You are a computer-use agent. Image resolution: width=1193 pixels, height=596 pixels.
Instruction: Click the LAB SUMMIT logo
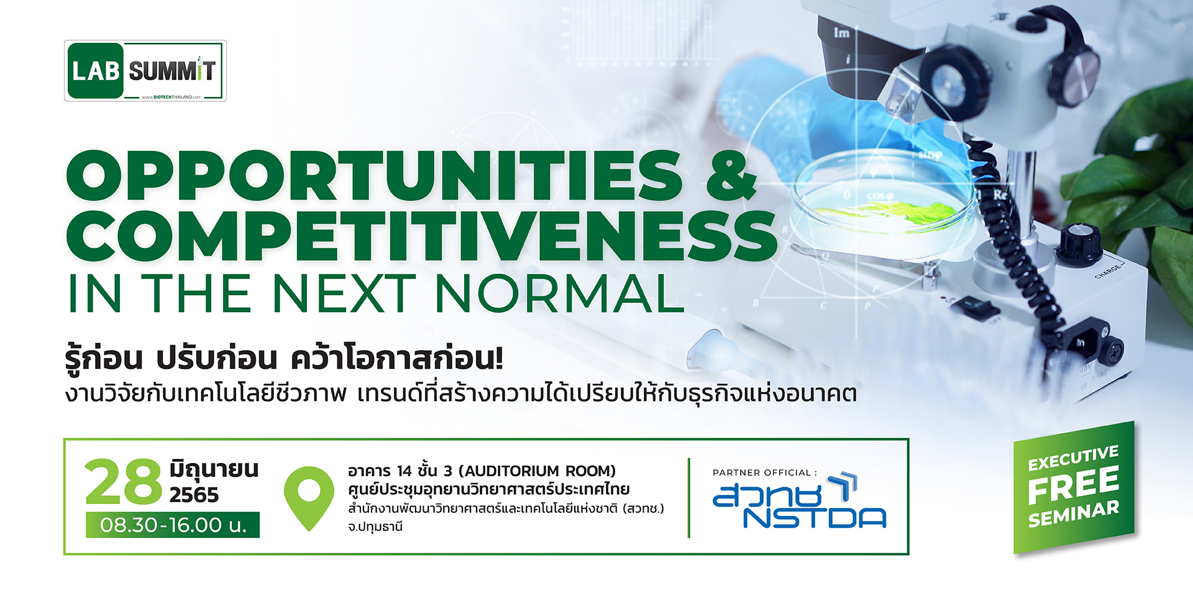[x=145, y=71]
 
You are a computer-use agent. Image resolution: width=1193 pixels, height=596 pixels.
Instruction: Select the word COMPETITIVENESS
[x=422, y=236]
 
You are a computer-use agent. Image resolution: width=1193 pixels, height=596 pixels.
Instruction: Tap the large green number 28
[x=123, y=482]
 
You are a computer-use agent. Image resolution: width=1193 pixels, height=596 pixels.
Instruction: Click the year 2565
[x=194, y=495]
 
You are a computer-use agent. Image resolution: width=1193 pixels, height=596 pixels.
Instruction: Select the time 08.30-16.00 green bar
[x=173, y=525]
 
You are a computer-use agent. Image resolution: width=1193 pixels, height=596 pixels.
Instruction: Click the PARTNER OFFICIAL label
[x=764, y=472]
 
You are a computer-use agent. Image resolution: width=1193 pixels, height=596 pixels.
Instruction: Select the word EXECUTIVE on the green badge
[x=1073, y=458]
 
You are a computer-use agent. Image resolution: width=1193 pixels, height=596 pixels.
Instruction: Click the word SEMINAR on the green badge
[x=1073, y=514]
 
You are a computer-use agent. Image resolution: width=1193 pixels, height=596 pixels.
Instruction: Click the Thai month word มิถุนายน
[x=214, y=469]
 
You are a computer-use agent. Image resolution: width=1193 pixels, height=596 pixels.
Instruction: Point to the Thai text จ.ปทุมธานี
[x=375, y=527]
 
